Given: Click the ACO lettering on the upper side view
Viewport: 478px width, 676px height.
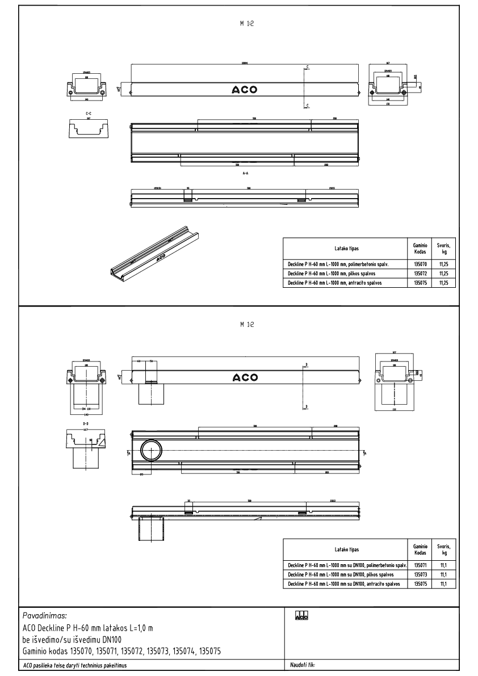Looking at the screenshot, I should [x=244, y=90].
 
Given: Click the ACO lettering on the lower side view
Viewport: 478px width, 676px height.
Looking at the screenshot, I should [x=245, y=377].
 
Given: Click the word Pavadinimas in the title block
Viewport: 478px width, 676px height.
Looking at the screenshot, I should [x=45, y=615].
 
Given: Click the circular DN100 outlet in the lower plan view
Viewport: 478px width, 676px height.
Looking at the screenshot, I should [x=151, y=452].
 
